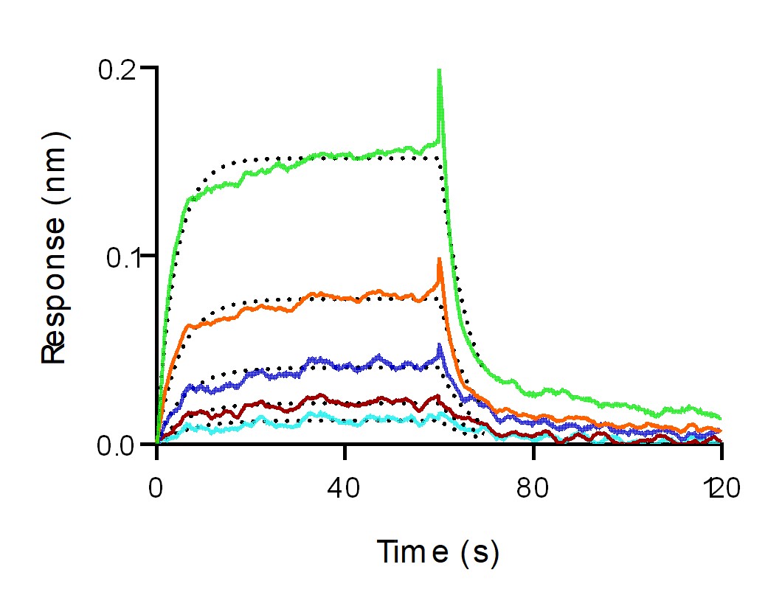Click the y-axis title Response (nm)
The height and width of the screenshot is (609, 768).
(x=55, y=247)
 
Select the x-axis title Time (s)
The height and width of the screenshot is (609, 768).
(x=438, y=551)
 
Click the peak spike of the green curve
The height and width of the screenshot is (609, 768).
(x=440, y=70)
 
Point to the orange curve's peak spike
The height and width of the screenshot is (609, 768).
(x=440, y=259)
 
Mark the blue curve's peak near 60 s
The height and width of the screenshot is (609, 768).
(x=440, y=345)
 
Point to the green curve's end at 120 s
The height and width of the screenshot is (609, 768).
(x=720, y=417)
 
